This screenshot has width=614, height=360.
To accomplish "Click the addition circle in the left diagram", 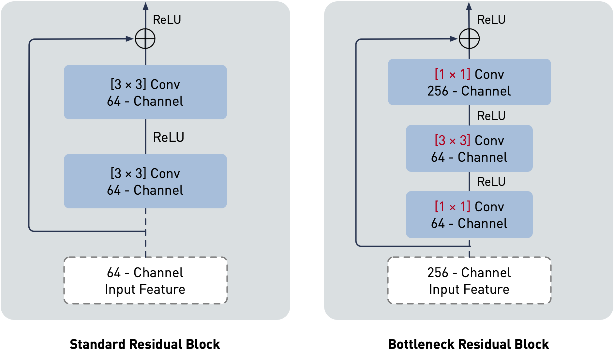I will pos(145,39).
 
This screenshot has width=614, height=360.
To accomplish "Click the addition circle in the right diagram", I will pos(469,39).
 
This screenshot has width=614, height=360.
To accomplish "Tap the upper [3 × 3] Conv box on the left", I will pos(145,92).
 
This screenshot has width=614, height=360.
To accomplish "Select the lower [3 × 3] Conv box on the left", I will pos(145,181).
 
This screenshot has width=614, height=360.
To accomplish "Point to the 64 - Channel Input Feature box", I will pos(145,280).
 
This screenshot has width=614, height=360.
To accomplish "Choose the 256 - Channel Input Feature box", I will pos(469,280).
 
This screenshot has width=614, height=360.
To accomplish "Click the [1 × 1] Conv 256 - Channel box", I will pos(469,82).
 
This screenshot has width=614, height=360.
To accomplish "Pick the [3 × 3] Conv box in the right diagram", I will pos(469,148).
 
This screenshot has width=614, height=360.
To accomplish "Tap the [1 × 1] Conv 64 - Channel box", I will pos(469,215).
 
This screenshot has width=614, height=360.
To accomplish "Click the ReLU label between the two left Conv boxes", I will pos(169,137).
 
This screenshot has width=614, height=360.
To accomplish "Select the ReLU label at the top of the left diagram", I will pos(167,20).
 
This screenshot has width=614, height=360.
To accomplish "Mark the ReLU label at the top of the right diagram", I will pos(491,20).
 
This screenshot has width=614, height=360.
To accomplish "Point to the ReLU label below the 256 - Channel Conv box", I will pos(491,116).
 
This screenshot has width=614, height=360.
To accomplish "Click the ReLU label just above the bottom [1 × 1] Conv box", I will pos(491,182).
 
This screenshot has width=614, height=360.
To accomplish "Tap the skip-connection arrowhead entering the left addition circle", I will pos(130,39).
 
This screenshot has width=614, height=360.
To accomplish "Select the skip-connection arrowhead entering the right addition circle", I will pos(454,39).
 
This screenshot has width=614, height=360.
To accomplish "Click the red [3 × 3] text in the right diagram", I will pos(452,141).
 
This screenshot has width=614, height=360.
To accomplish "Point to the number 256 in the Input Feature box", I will pos(438,273).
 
